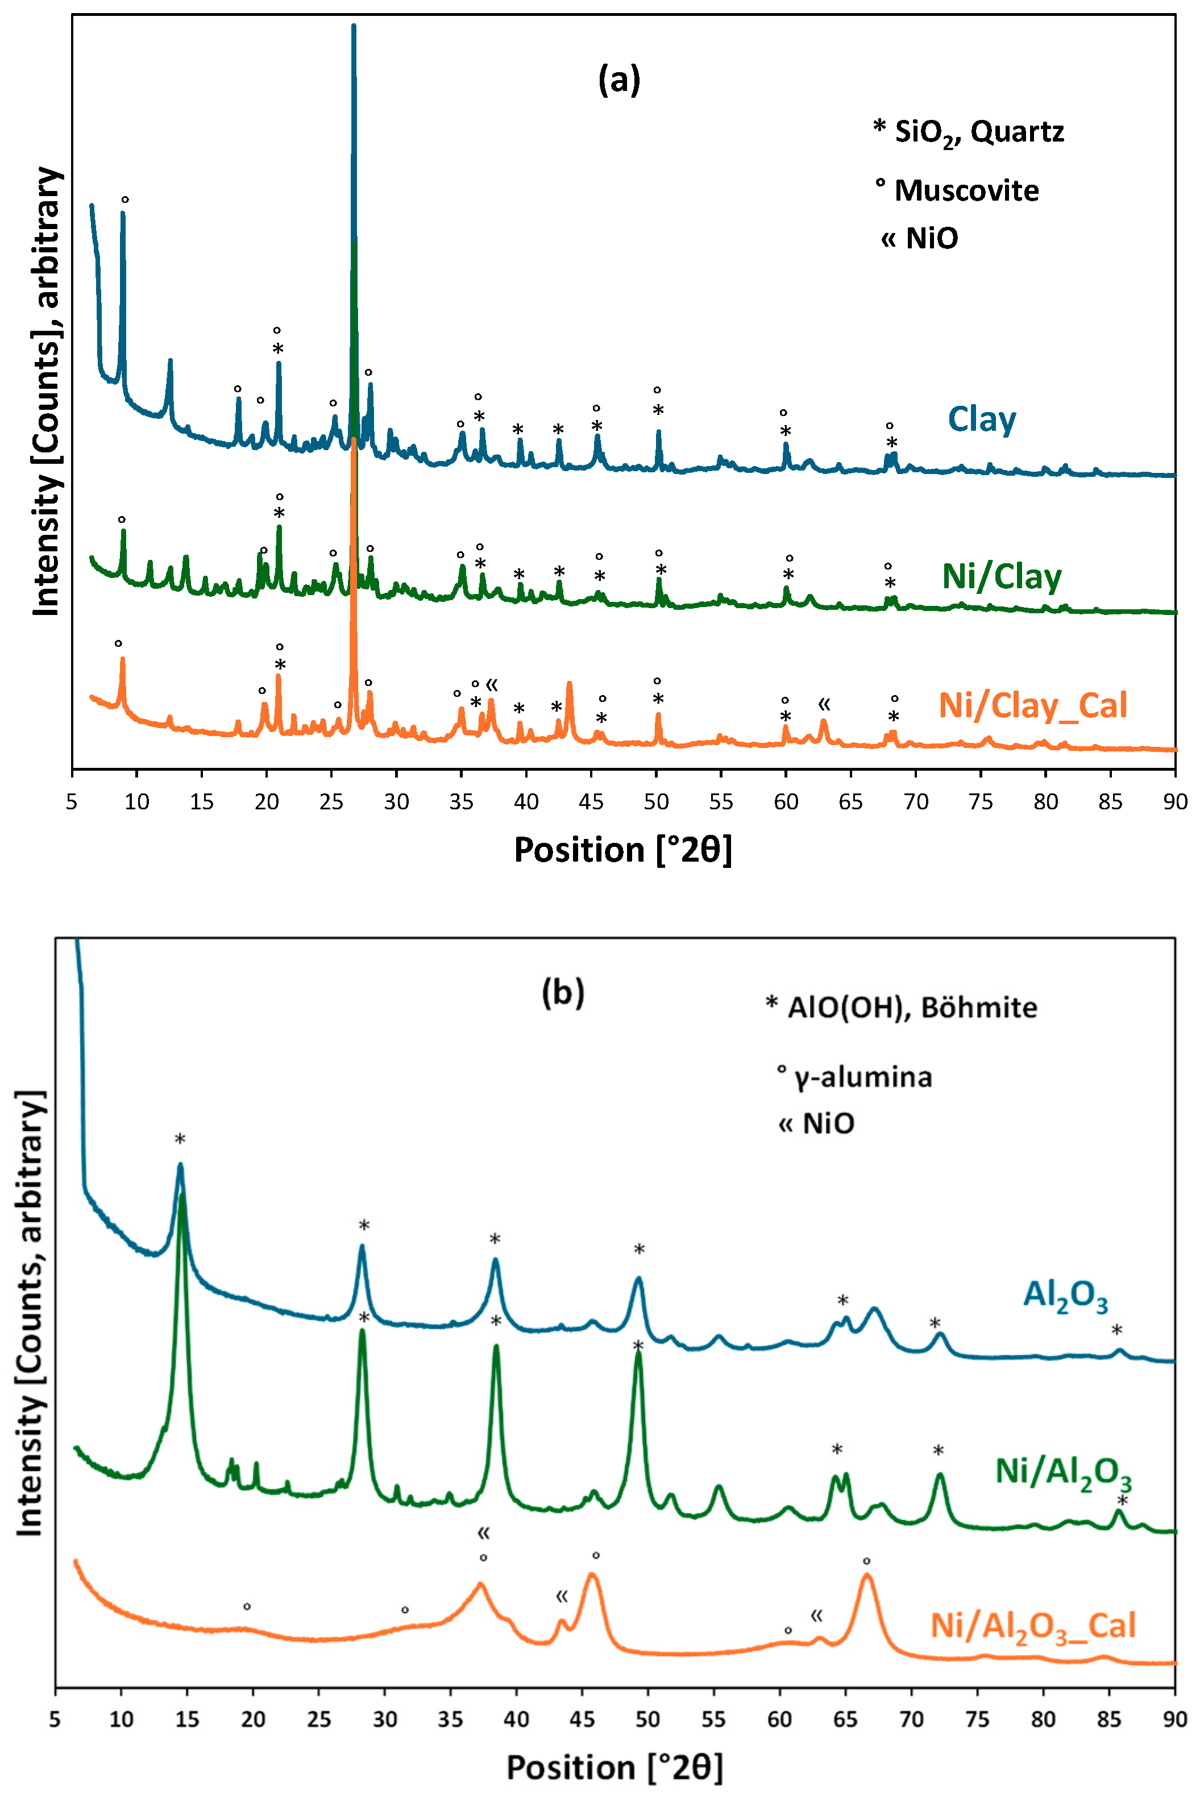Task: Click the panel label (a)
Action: pyautogui.click(x=619, y=80)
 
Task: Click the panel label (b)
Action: pyautogui.click(x=563, y=992)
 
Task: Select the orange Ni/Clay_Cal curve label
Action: pyautogui.click(x=1033, y=705)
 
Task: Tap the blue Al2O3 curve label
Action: pyautogui.click(x=1065, y=1295)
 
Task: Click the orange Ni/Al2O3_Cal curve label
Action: pyautogui.click(x=1033, y=1627)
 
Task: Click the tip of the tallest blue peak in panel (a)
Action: pyautogui.click(x=353, y=26)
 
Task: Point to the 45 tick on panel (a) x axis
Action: pyautogui.click(x=591, y=802)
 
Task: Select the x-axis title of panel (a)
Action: pyautogui.click(x=622, y=850)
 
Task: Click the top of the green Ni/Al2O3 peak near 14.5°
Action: pyautogui.click(x=182, y=1195)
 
